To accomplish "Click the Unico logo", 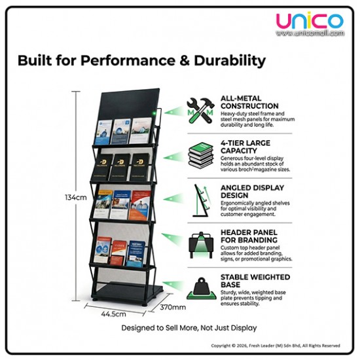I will point(309,22).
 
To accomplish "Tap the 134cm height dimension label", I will point(77,197).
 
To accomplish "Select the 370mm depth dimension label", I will point(173,306).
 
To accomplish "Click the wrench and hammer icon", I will point(201,109).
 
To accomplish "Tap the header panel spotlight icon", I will point(201,242).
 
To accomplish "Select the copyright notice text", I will point(275,345).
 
